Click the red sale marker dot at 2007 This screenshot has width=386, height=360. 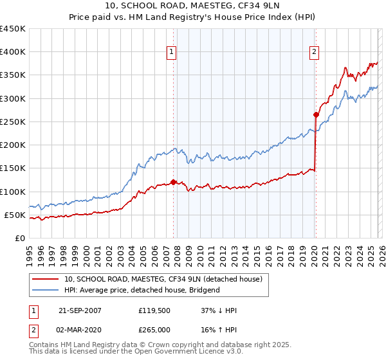pos(173,182)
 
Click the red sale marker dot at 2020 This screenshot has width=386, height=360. pos(316,114)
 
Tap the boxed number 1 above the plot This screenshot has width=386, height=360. pos(172,53)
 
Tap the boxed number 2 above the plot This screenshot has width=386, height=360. pos(315,53)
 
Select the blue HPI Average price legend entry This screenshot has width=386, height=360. pos(142,290)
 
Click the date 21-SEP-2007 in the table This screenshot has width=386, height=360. pos(80,310)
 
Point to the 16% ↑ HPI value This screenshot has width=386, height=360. pos(219,330)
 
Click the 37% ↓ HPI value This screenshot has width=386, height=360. pos(219,310)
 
